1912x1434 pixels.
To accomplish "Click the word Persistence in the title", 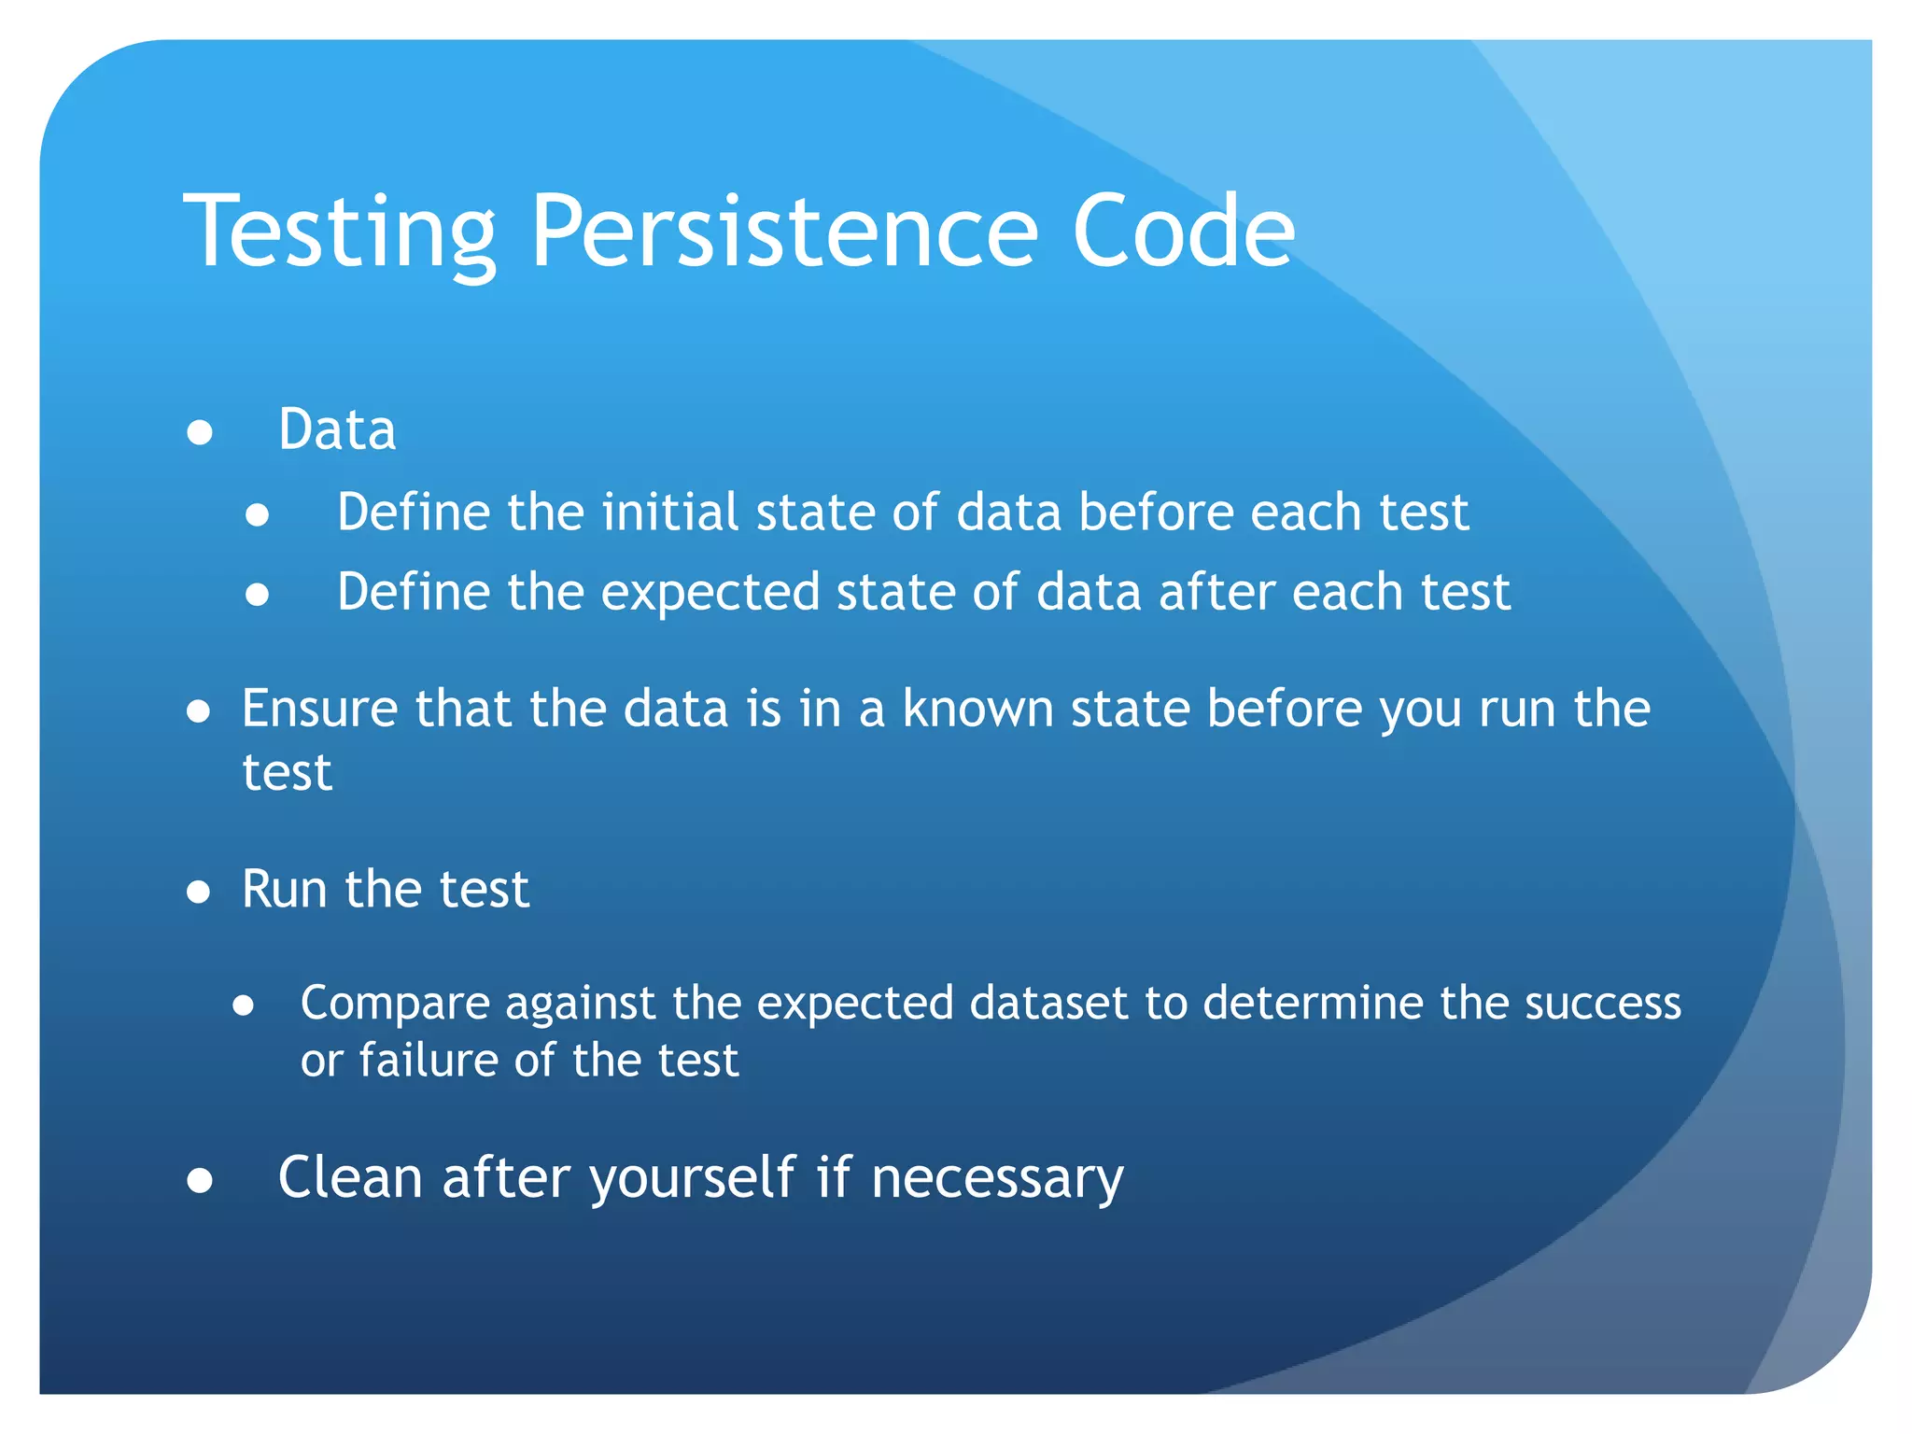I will tap(784, 232).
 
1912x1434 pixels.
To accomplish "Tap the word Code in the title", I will tap(1183, 232).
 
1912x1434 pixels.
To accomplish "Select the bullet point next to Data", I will tap(200, 432).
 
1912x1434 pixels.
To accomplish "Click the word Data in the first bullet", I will tap(337, 430).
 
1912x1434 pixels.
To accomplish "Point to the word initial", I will tap(669, 513).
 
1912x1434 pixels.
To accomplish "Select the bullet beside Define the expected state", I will tap(258, 595).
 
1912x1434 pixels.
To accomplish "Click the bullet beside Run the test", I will tap(198, 892).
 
